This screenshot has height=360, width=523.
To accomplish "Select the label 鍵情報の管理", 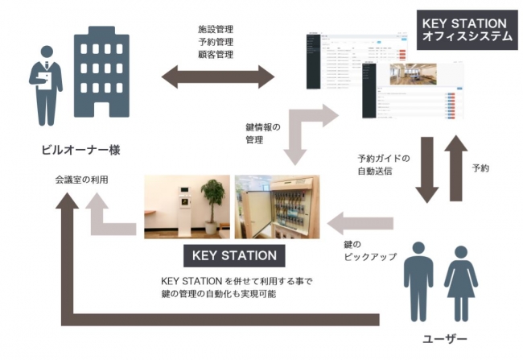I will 265,134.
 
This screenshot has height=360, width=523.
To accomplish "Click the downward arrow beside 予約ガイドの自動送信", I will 426,170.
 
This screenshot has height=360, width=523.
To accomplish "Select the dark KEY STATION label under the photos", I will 234,256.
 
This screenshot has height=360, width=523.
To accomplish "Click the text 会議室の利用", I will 72,180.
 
